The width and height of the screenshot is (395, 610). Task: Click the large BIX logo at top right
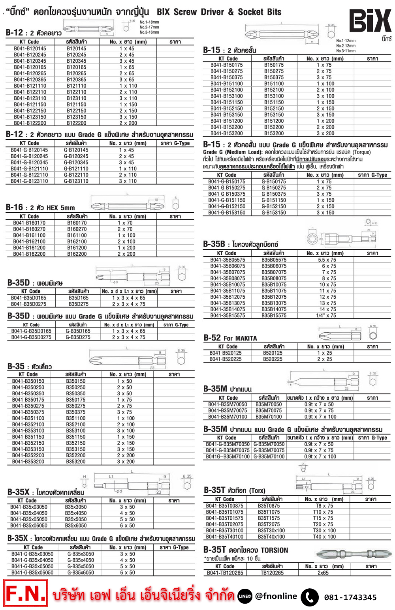[x=370, y=21]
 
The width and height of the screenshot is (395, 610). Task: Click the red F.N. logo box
[x=26, y=593]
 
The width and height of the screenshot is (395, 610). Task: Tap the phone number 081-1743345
[x=350, y=597]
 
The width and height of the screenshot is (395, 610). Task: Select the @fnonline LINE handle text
[x=276, y=596]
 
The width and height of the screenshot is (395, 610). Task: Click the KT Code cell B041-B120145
[x=30, y=49]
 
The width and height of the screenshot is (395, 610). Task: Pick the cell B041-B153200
[x=227, y=133]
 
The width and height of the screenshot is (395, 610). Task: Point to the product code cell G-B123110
[x=76, y=181]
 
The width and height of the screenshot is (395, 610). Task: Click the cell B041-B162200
[x=29, y=254]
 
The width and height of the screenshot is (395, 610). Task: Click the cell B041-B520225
[x=226, y=359]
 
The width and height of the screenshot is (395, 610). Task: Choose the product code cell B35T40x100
[x=271, y=537]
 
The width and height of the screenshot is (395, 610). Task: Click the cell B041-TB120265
[x=225, y=573]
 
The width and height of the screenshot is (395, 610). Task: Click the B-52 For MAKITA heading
[x=230, y=338]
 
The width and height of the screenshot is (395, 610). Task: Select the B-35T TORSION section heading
[x=246, y=550]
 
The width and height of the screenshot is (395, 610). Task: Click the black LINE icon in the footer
[x=245, y=596]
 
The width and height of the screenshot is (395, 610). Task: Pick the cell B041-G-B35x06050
[x=32, y=573]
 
